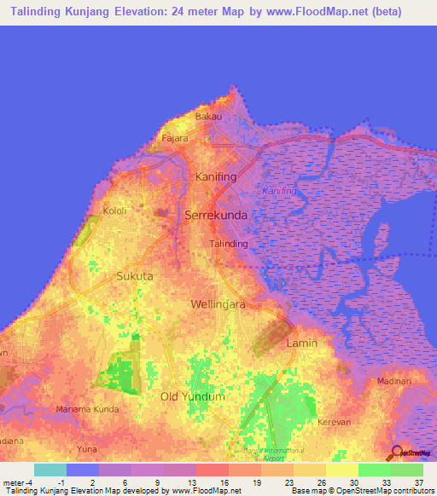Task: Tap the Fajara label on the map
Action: click(x=175, y=137)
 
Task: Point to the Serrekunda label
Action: click(x=216, y=216)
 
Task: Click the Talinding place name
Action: click(x=229, y=244)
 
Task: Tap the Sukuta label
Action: click(x=135, y=276)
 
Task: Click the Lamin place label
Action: click(x=302, y=343)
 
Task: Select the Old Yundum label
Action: click(x=193, y=396)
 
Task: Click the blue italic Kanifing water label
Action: click(x=279, y=191)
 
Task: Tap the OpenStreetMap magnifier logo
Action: click(x=396, y=453)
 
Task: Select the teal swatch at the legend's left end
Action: click(x=50, y=470)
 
